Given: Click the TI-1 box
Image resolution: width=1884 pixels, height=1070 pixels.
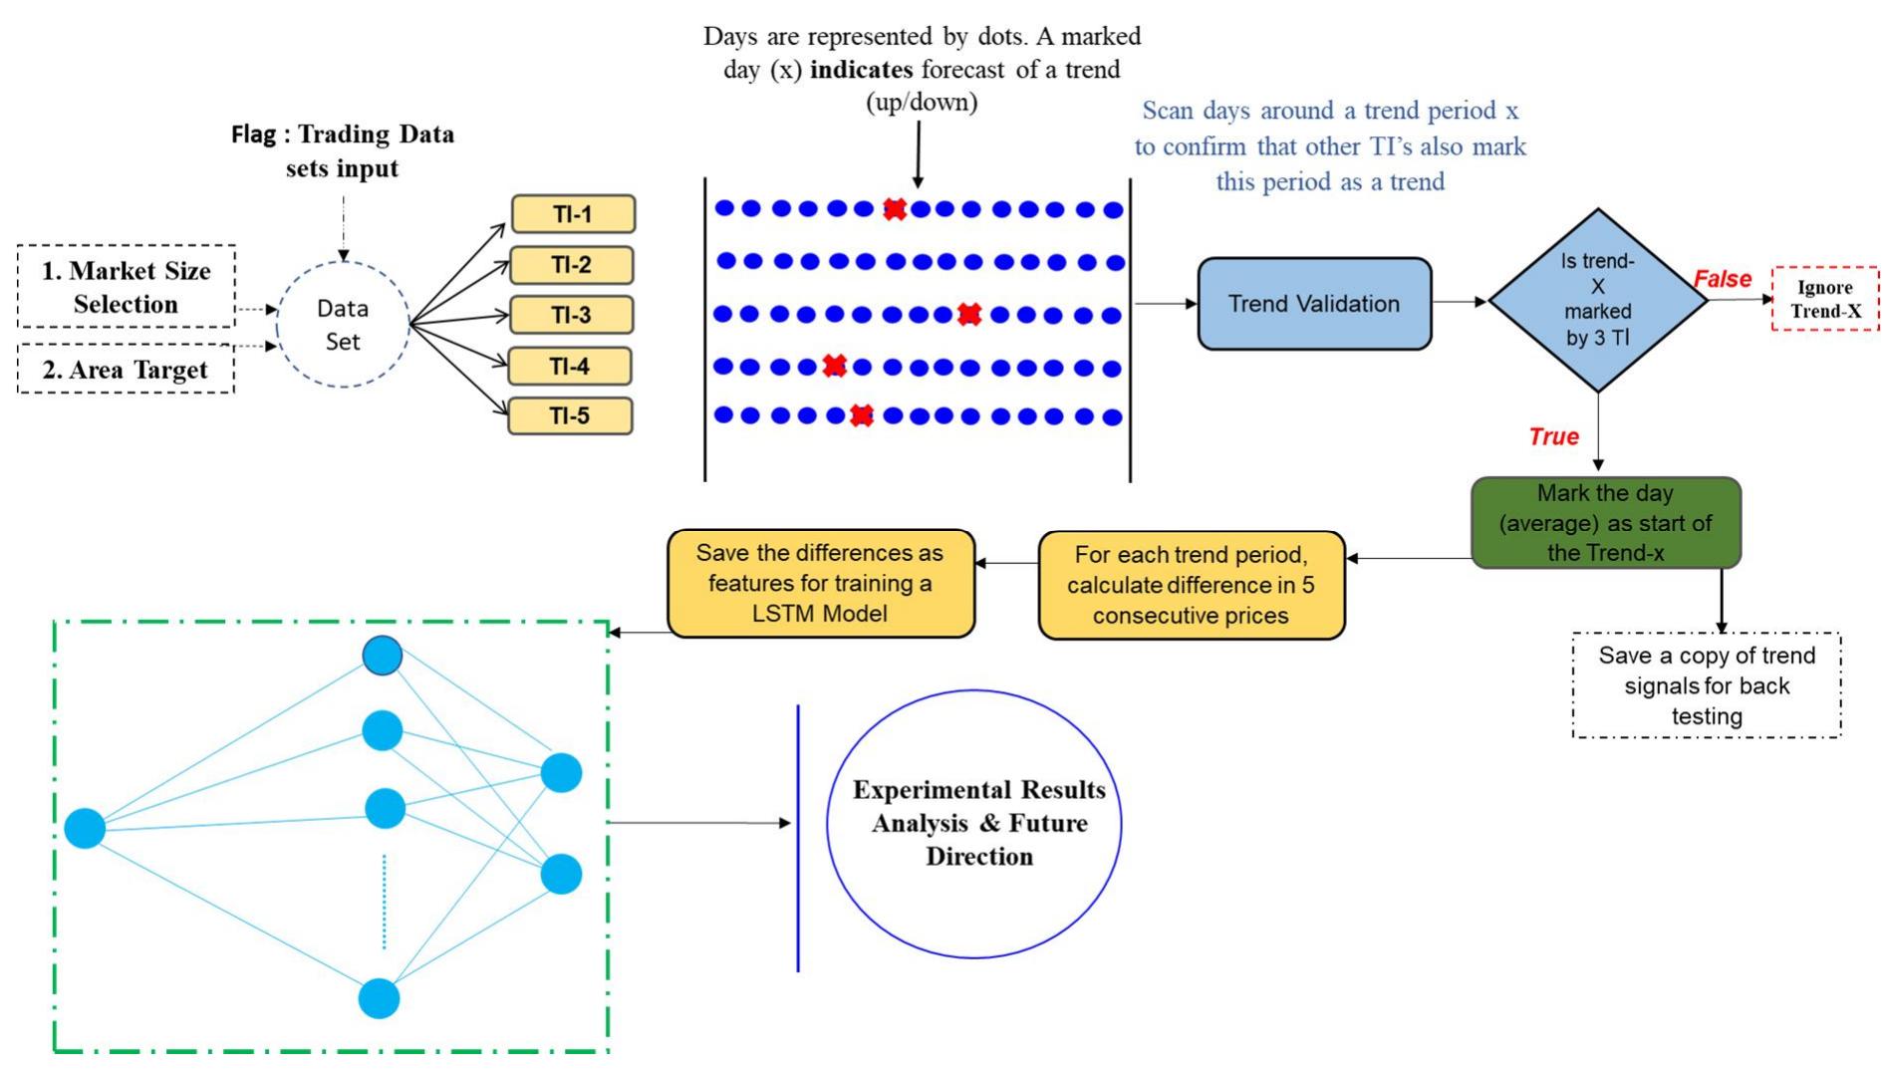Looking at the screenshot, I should pos(573,214).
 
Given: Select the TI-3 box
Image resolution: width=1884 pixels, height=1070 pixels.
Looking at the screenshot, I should pos(571,315).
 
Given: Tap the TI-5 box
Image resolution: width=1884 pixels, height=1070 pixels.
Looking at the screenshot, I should pos(570,415).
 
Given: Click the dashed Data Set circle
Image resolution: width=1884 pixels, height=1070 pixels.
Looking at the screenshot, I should pos(343,325).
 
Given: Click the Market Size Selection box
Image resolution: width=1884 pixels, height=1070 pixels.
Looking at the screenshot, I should pos(127,287).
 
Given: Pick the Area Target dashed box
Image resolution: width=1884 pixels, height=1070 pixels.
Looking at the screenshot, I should pos(127,370).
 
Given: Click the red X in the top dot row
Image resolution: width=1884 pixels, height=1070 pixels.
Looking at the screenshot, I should pos(895,208).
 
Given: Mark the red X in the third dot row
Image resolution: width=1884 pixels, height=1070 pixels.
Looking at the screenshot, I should pos(968,315).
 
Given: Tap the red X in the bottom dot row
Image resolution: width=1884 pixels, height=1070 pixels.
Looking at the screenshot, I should pos(862,415).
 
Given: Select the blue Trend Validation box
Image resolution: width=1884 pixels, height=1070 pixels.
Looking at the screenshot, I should pos(1313,304).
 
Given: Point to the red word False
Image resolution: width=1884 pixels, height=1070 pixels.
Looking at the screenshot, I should pos(1722,280).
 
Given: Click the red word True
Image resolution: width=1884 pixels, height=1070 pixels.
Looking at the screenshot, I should pos(1553,436).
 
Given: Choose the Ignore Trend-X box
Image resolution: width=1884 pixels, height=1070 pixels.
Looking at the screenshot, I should pos(1825,299).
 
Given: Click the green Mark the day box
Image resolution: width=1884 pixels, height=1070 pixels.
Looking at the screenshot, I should pos(1605,522).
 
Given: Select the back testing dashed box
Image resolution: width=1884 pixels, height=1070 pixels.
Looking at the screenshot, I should pos(1706,685).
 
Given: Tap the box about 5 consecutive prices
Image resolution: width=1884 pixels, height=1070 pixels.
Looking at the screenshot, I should pos(1191,585).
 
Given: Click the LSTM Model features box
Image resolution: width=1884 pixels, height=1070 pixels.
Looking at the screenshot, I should pos(820,583).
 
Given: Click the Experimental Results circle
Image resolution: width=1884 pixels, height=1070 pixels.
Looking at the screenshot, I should pos(974,823).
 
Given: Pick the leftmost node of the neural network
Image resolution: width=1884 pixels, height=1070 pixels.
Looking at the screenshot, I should pos(85,828).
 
